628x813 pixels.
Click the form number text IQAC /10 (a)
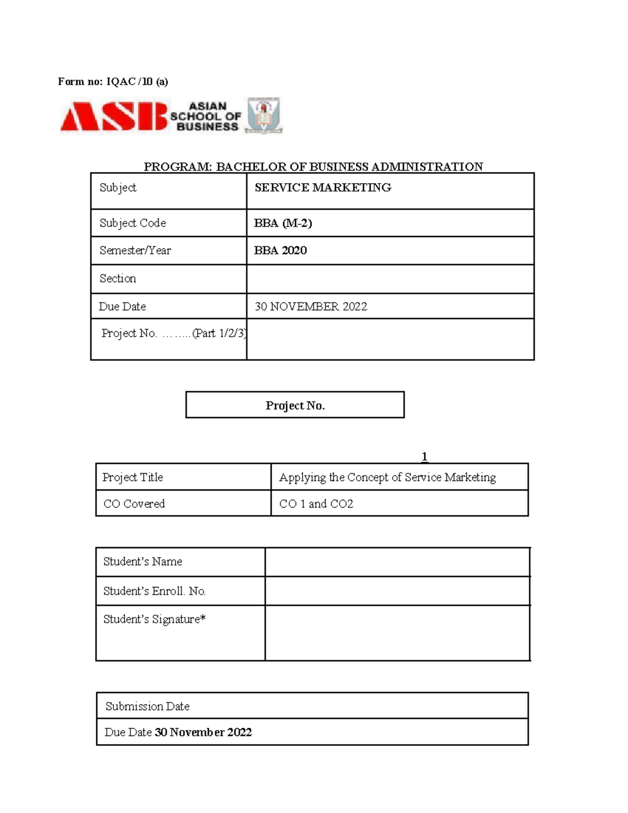coord(137,81)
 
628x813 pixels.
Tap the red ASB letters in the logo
coord(113,116)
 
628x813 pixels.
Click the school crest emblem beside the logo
coord(264,115)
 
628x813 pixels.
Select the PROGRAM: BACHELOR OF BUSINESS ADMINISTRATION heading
coord(313,166)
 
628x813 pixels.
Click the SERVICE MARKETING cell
coord(323,187)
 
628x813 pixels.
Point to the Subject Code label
coord(133,223)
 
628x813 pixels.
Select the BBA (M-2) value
coord(283,223)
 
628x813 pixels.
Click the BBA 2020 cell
coord(281,250)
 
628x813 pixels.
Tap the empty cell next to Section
coord(390,279)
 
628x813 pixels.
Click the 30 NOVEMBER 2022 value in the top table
coord(311,306)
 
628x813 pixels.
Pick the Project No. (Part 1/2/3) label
coord(173,333)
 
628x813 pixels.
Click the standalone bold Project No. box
coord(295,405)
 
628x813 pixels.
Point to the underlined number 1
coord(424,456)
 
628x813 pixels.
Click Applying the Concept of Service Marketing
coord(387,477)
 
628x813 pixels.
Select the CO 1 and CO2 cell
coord(316,504)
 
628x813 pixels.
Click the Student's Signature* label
coord(154,619)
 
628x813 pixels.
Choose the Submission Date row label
coord(148,706)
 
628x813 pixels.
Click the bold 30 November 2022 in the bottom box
coord(204,732)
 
